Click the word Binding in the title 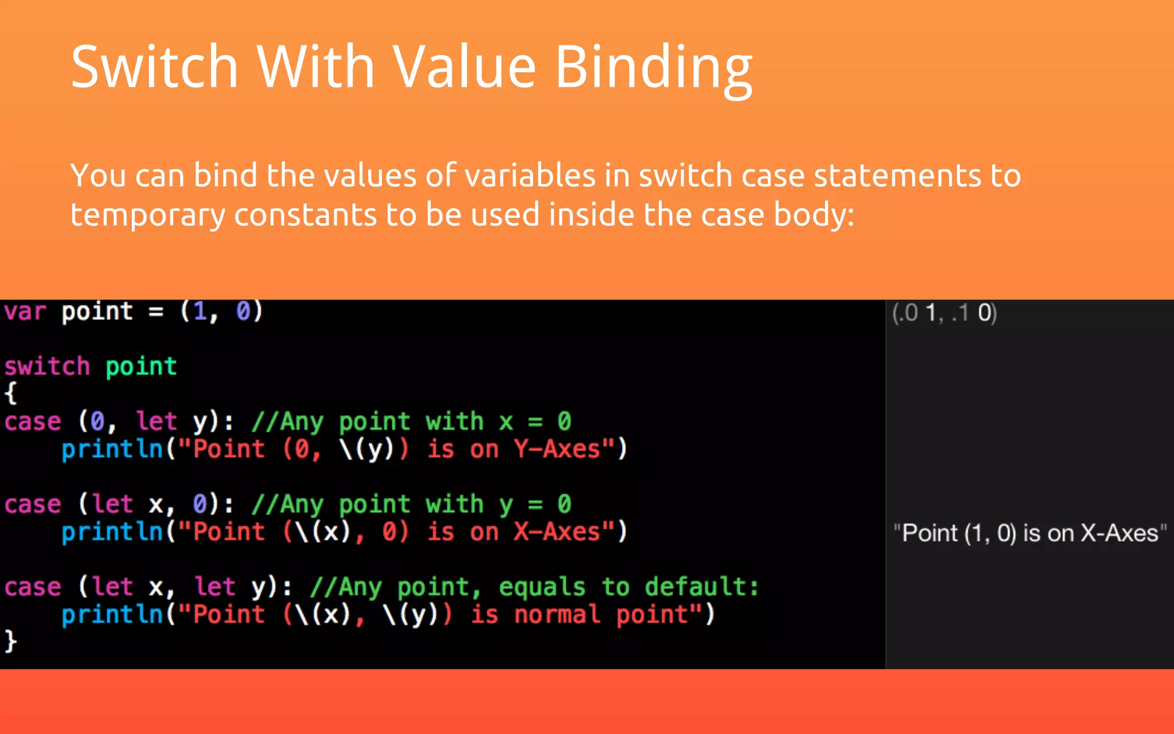[653, 68]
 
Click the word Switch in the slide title [154, 68]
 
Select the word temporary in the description [148, 215]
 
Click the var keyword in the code [25, 312]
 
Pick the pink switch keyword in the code [47, 366]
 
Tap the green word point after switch [141, 366]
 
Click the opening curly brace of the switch [10, 393]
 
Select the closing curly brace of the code [10, 641]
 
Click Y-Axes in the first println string [557, 449]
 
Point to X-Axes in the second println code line [557, 532]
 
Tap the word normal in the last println [557, 615]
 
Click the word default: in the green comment [702, 587]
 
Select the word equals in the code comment [542, 587]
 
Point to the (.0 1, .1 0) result [944, 313]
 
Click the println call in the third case [112, 615]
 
